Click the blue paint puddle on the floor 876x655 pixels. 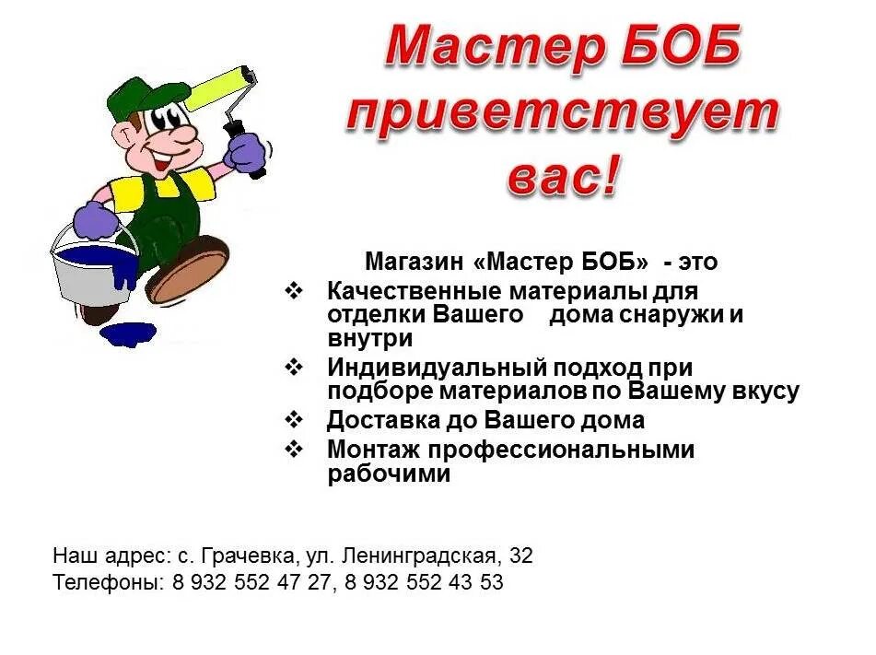coord(128,333)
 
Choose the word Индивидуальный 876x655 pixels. coord(437,368)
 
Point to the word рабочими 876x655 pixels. coord(389,475)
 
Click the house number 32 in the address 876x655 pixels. coord(520,556)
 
